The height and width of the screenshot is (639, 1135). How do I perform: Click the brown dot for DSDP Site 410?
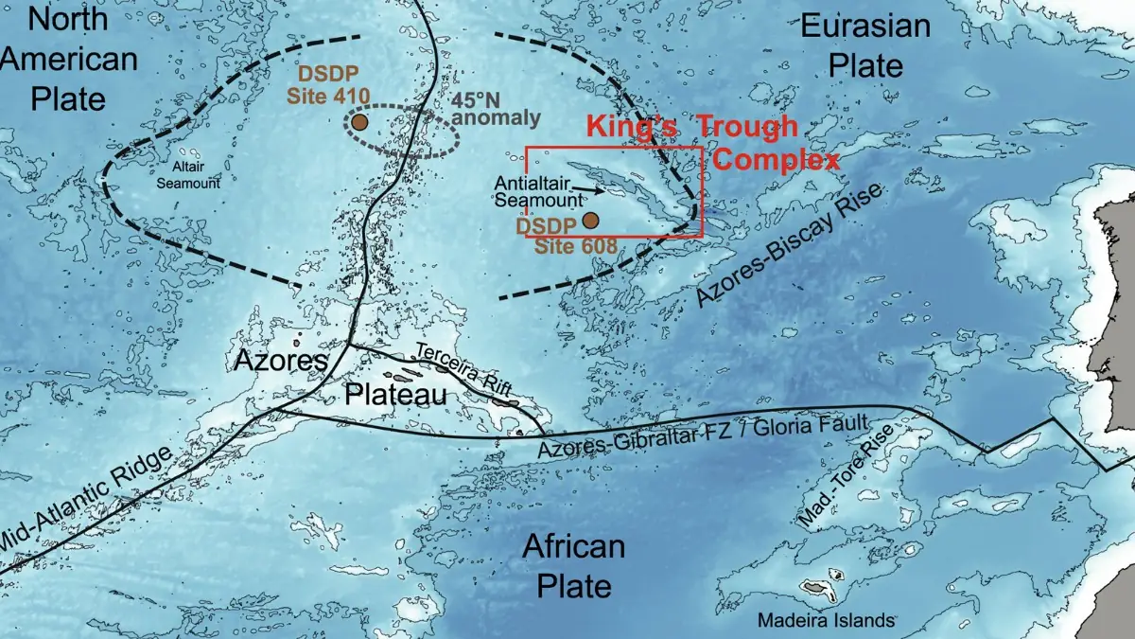(x=359, y=122)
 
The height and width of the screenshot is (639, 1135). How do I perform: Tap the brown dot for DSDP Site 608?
(x=590, y=221)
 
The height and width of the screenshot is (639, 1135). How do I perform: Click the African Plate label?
(x=574, y=565)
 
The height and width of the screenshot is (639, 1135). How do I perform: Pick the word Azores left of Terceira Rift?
(x=281, y=361)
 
